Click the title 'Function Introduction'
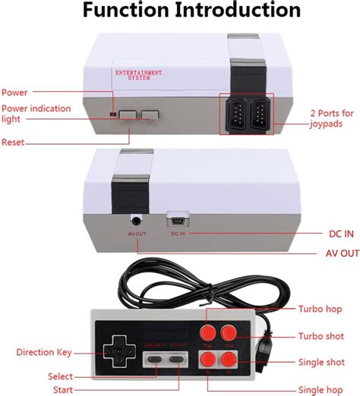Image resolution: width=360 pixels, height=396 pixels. [180, 11]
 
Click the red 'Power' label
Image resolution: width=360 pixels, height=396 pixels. [14, 92]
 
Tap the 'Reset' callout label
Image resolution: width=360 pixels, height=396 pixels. [13, 142]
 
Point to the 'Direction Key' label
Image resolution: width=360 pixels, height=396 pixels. [44, 352]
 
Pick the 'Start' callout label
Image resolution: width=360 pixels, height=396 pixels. [64, 389]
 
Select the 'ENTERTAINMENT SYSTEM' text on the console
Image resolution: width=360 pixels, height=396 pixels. [137, 74]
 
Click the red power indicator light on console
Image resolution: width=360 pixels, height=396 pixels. [113, 114]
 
